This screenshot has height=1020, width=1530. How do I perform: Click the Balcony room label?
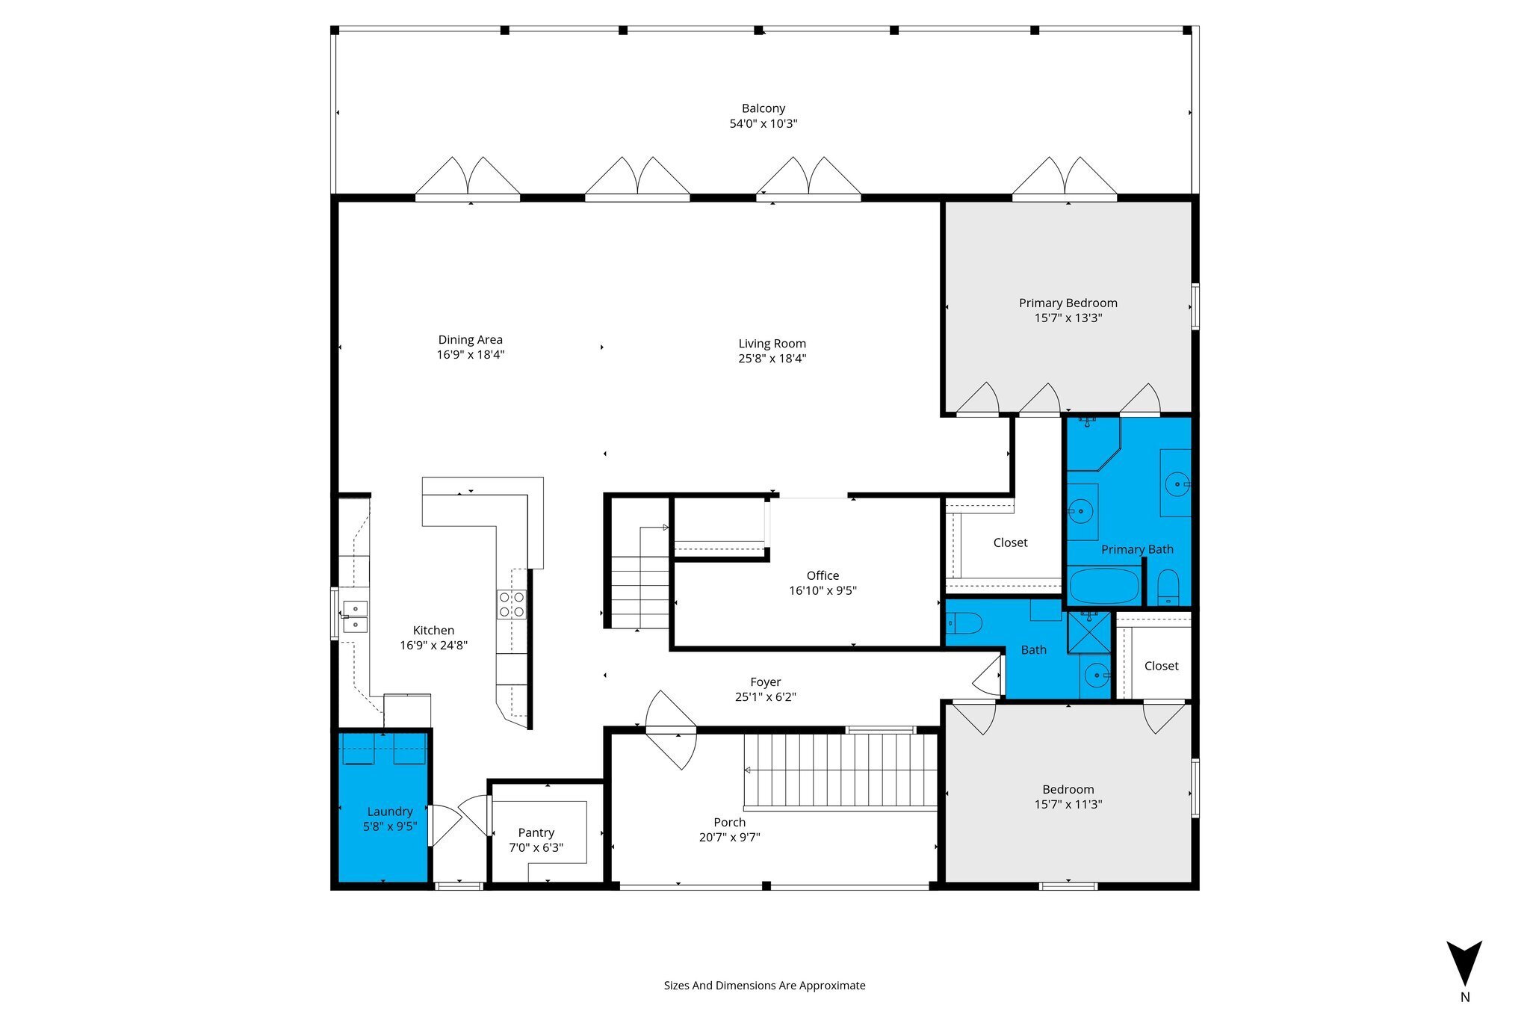tap(763, 108)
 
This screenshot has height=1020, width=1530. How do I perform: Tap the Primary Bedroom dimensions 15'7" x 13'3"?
tap(1068, 318)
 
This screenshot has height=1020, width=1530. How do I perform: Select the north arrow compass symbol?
tap(1464, 964)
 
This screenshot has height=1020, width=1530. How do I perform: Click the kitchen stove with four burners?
tap(512, 605)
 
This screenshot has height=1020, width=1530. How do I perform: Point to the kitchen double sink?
tap(355, 617)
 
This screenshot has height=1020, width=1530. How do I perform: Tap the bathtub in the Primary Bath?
tap(1104, 587)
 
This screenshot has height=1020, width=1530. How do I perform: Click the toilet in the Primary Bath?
tap(1168, 587)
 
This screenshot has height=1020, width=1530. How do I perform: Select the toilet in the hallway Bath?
tap(963, 623)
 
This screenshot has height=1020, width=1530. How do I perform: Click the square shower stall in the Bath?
tap(1089, 632)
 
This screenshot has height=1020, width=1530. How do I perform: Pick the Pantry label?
tap(536, 832)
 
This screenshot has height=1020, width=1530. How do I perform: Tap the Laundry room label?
tap(390, 812)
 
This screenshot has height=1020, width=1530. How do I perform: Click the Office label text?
tap(823, 575)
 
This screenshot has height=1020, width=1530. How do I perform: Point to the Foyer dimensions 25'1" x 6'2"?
tap(766, 696)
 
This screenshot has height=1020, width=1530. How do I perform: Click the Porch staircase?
tap(840, 771)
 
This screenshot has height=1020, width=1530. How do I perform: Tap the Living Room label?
tap(772, 344)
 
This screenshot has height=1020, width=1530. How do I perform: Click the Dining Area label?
tap(471, 340)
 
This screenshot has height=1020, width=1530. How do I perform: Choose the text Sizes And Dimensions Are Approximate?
tap(765, 986)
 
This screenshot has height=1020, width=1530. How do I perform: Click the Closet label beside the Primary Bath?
tap(1011, 543)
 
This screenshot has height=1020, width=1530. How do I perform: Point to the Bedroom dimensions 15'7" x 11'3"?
tap(1068, 804)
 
